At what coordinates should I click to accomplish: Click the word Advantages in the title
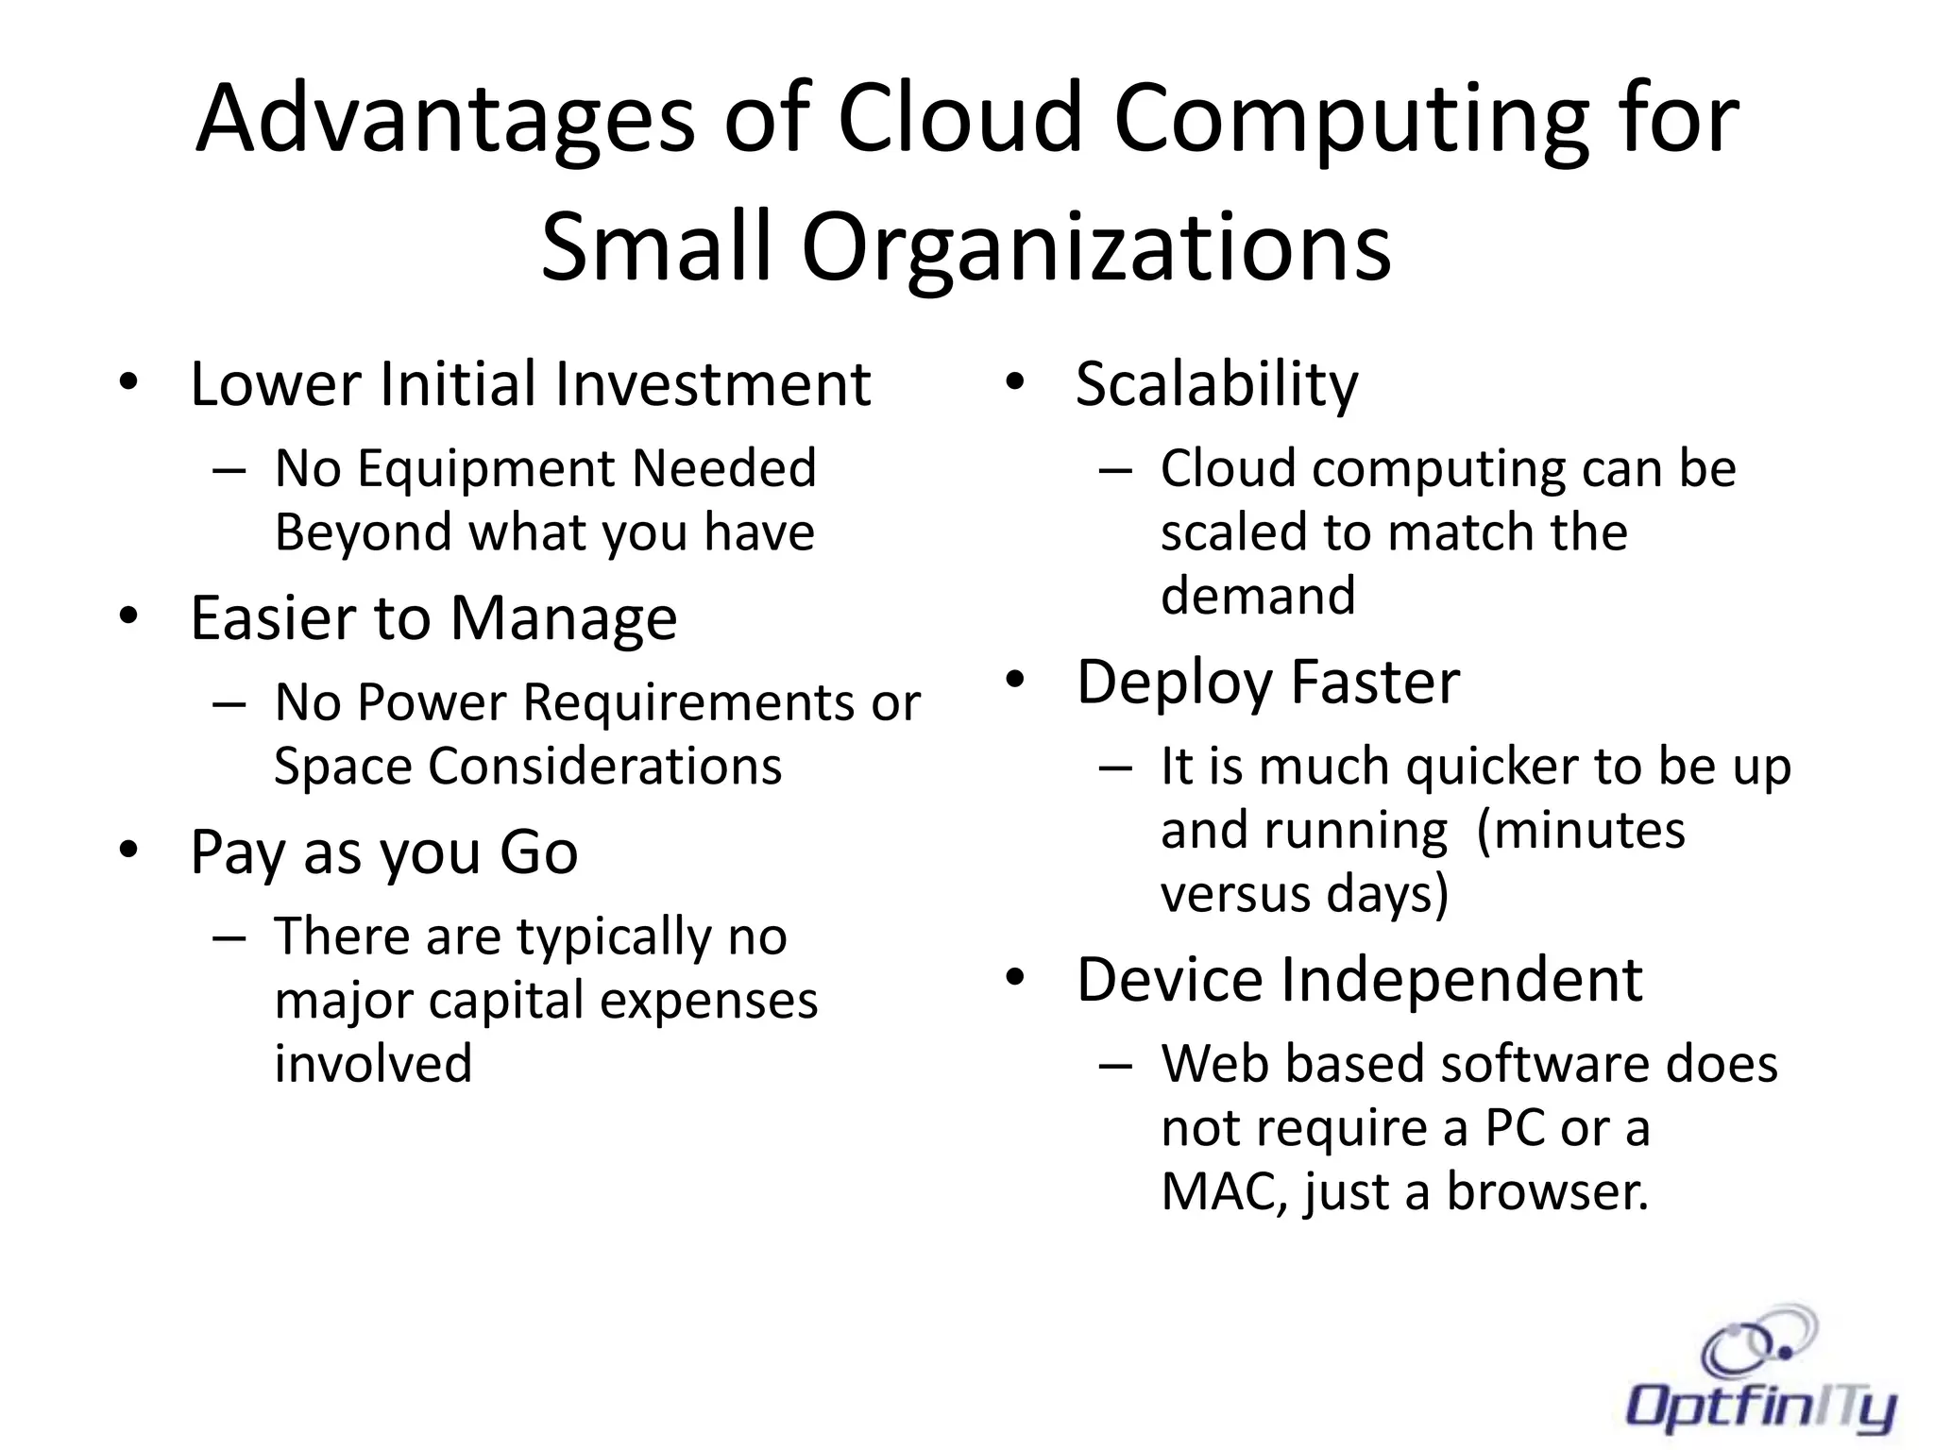coord(444,120)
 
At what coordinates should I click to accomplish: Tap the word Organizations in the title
coord(1095,247)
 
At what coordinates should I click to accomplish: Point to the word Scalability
coord(1216,384)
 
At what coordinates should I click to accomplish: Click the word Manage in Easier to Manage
coord(563,618)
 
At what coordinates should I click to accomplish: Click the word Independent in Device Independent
coord(1461,979)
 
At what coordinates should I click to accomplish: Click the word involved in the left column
coord(373,1064)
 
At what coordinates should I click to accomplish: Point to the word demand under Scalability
coord(1257,597)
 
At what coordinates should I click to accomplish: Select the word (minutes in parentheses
coord(1579,831)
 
